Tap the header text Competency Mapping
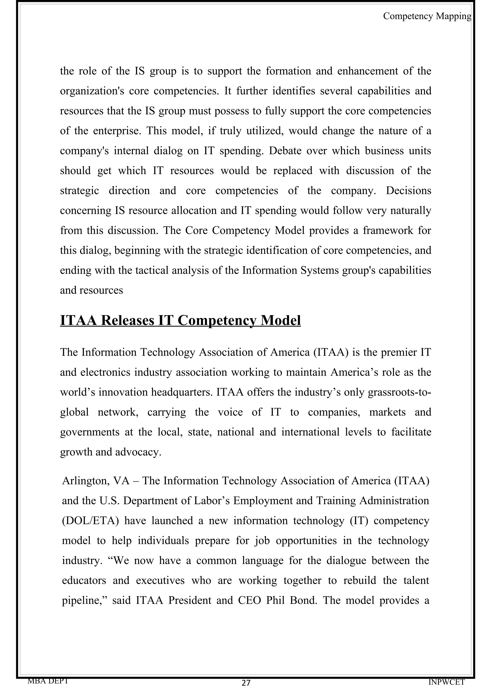pos(427,16)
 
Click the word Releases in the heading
pos(127,320)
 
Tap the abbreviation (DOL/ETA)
pos(90,521)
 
